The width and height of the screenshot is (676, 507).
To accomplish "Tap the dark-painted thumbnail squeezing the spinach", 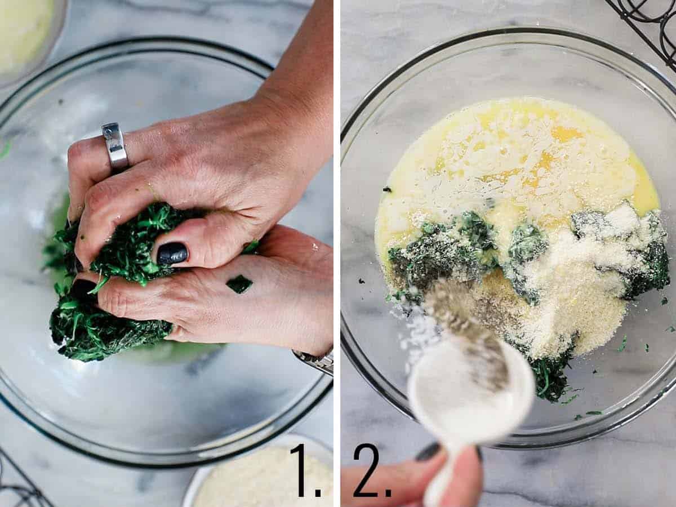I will [172, 253].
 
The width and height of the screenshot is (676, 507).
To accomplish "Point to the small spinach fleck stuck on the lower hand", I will [239, 284].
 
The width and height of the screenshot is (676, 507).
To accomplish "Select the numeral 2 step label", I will [371, 470].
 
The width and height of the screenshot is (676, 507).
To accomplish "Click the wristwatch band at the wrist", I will [315, 361].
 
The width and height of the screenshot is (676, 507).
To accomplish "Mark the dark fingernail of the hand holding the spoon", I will [429, 451].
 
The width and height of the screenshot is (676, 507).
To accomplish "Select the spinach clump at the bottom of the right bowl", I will [549, 377].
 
